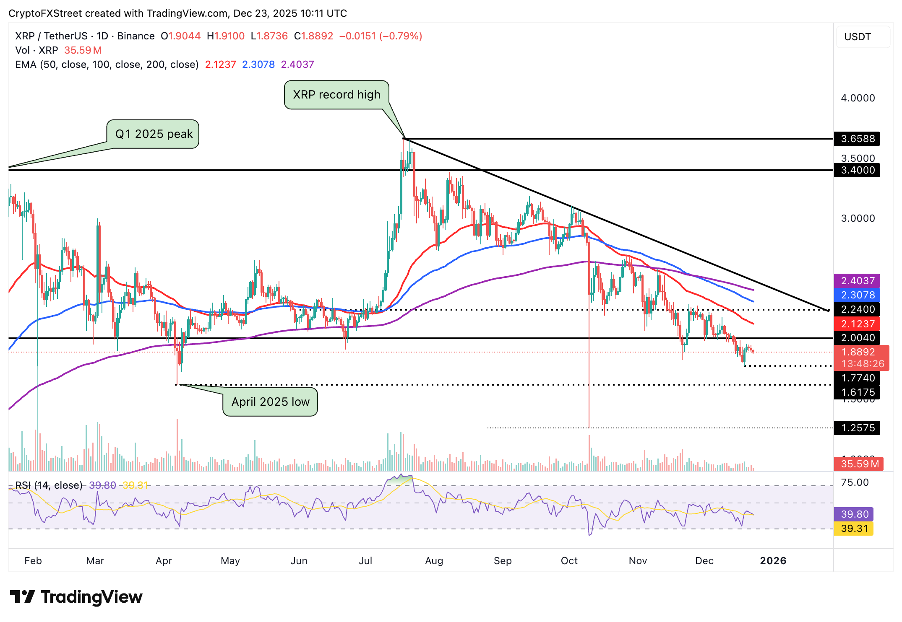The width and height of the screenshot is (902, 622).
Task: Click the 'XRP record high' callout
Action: (x=336, y=95)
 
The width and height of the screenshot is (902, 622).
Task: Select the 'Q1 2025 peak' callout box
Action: (x=153, y=134)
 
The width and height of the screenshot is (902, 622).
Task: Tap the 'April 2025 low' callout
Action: (x=270, y=402)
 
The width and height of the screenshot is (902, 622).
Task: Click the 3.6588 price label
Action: (x=857, y=139)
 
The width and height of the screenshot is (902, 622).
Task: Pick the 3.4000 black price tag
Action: (x=857, y=170)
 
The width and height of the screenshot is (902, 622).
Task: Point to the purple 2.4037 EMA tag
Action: (x=857, y=281)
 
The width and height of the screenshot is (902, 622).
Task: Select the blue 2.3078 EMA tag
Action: (x=857, y=295)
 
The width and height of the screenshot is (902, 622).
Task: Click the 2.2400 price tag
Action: (x=857, y=309)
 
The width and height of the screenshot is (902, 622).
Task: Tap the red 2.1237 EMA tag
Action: (x=857, y=324)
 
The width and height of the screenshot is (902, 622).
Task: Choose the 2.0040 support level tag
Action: (x=857, y=338)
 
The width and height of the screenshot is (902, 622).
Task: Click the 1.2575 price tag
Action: (x=857, y=428)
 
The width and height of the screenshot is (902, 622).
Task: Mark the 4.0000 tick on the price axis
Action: (x=858, y=98)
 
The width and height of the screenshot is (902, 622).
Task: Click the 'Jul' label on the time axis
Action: (x=365, y=561)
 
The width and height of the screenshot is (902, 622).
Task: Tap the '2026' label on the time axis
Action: (x=773, y=561)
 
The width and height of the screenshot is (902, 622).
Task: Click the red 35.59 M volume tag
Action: (x=858, y=464)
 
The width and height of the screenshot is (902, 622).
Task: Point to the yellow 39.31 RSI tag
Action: (x=854, y=529)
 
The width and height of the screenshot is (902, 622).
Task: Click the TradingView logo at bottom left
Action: (x=76, y=597)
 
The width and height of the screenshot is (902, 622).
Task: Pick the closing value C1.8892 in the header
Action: (x=313, y=36)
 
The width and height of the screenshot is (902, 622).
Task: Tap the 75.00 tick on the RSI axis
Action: (x=854, y=482)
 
